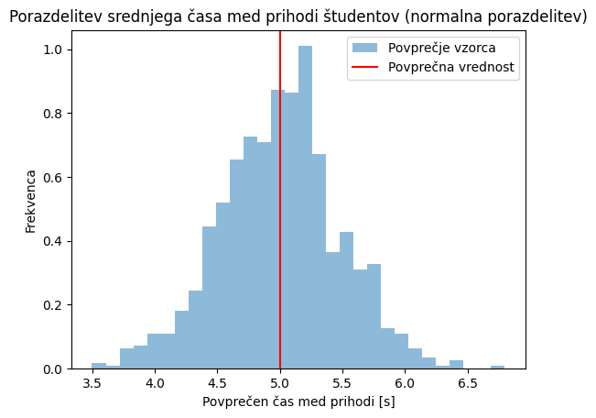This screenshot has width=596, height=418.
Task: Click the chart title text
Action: (298, 16)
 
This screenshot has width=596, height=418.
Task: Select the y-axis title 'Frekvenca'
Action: (30, 201)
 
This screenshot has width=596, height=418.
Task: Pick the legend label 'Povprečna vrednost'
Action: (451, 67)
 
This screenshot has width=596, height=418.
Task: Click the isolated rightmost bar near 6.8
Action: (497, 367)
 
